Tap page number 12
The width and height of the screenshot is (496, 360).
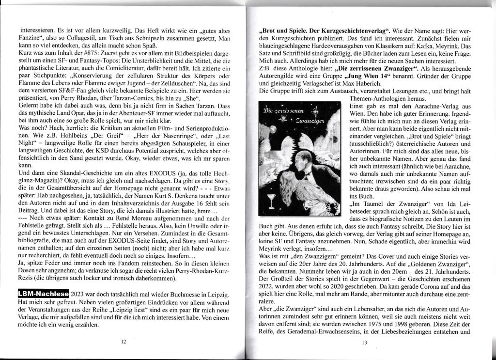pyautogui.click(x=124, y=342)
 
